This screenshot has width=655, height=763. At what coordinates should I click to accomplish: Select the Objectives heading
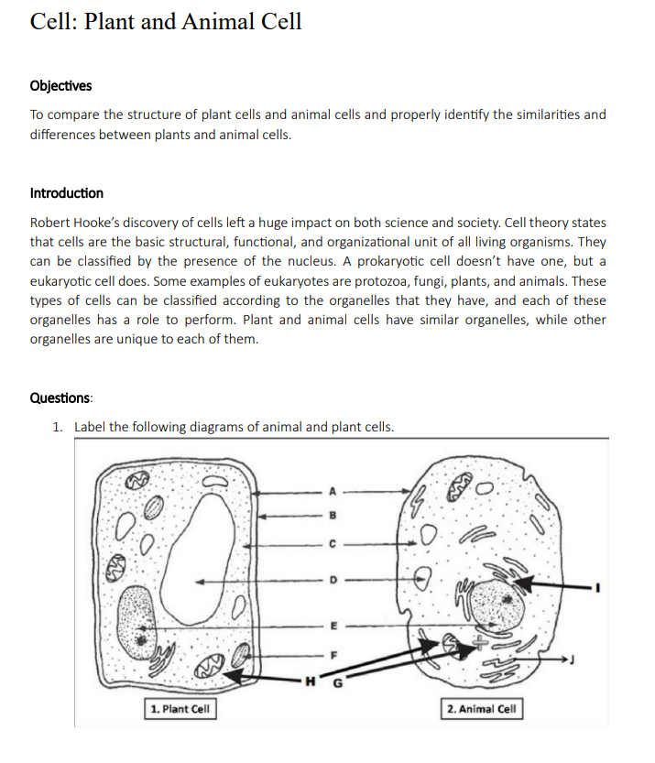pyautogui.click(x=60, y=86)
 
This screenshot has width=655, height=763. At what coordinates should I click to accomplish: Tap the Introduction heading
pyautogui.click(x=67, y=193)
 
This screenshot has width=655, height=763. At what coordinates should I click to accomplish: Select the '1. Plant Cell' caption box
pyautogui.click(x=181, y=708)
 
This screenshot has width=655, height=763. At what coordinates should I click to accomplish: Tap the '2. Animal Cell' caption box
pyautogui.click(x=482, y=708)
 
